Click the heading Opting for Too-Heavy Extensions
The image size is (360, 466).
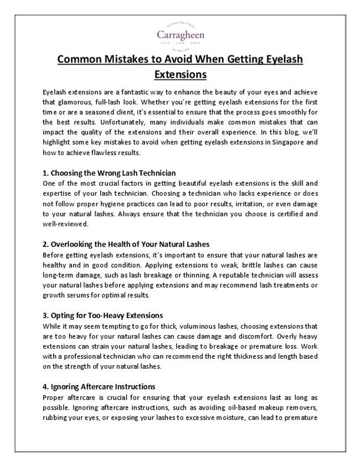pos(102,315)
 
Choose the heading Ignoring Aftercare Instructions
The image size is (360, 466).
pos(99,386)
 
